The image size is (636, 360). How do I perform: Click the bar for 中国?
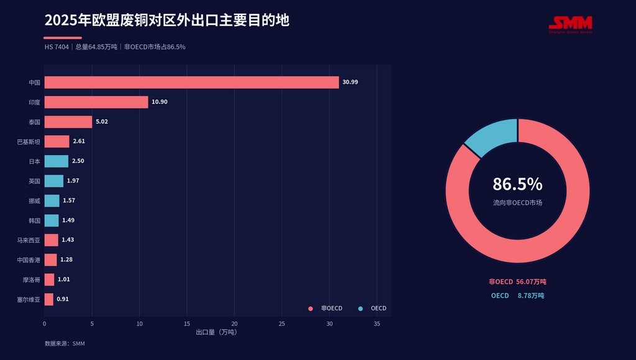tap(191, 83)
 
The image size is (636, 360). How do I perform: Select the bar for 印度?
tap(96, 102)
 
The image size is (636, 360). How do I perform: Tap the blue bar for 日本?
tap(57, 161)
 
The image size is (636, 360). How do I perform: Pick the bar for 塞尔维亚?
tap(48, 299)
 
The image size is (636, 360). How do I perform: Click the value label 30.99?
tap(350, 82)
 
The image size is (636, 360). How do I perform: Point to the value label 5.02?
tap(102, 122)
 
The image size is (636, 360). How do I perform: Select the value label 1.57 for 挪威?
tap(69, 200)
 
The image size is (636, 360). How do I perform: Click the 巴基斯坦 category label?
tap(29, 142)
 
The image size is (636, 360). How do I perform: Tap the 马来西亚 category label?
tap(29, 240)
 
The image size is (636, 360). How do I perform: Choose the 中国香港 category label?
tap(29, 260)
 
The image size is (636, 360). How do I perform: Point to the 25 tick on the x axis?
tap(282, 323)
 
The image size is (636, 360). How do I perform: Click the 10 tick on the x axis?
tap(140, 323)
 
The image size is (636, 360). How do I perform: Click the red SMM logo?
tap(570, 24)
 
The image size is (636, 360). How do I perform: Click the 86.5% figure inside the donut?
tap(517, 184)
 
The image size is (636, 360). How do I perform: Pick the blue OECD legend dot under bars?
tap(360, 308)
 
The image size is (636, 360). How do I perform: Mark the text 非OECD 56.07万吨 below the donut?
tap(517, 282)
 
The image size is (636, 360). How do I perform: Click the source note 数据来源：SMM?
tap(65, 343)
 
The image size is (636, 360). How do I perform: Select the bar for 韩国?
tap(52, 220)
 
